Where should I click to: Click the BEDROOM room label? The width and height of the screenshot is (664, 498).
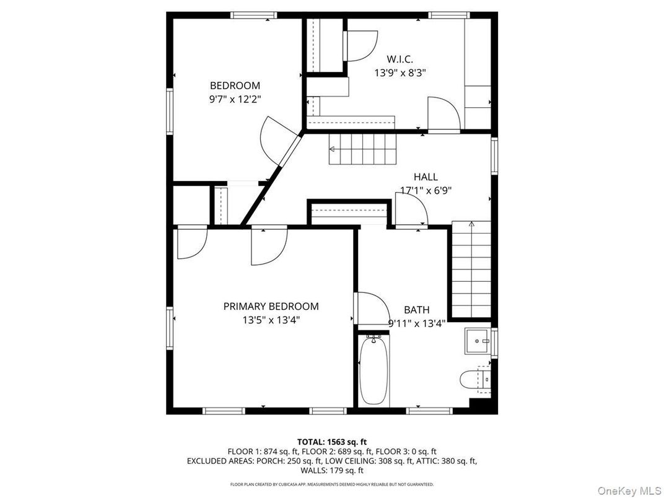tap(235, 85)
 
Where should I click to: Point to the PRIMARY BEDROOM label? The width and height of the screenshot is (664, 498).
tap(271, 306)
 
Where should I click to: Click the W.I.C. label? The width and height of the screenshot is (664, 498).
tap(400, 59)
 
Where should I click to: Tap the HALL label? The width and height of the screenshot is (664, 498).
tap(426, 177)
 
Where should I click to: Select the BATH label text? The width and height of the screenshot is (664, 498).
tap(416, 310)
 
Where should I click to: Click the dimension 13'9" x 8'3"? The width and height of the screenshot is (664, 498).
tap(400, 72)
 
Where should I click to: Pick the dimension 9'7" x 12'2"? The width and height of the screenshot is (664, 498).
tap(238, 99)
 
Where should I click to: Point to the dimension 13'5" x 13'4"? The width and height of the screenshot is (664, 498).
tap(271, 320)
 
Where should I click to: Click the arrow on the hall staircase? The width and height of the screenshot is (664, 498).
tap(333, 149)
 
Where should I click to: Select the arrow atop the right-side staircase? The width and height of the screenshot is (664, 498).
tap(471, 224)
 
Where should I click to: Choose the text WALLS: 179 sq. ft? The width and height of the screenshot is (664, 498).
tap(331, 470)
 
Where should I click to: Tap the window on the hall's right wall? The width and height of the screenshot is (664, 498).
tap(494, 155)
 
